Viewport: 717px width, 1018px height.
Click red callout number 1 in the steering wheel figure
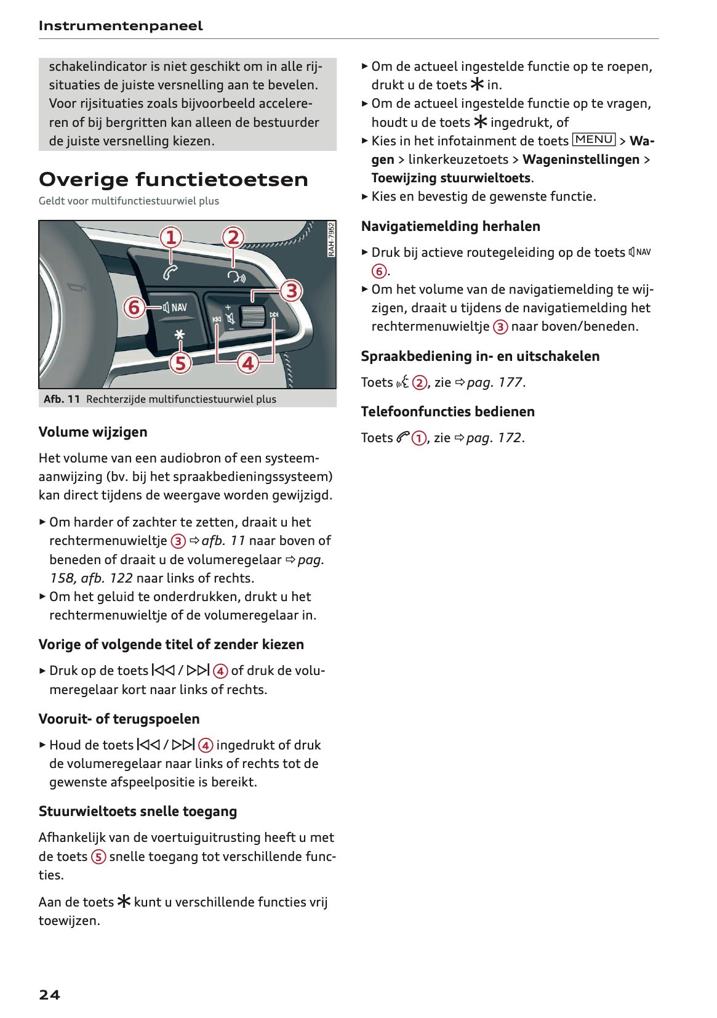coord(171,238)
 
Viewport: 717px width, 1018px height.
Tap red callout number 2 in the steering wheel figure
coord(233,238)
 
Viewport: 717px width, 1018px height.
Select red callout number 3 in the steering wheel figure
coord(292,290)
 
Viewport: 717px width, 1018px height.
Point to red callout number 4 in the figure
coord(247,363)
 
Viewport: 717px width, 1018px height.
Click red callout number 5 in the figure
coord(180,363)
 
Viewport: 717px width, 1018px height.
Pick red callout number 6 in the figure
coord(134,307)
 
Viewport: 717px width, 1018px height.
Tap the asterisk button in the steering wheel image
coord(179,334)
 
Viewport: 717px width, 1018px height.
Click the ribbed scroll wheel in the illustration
coord(251,316)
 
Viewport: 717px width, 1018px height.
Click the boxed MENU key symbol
coord(593,140)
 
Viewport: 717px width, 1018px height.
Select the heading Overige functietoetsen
coord(173,179)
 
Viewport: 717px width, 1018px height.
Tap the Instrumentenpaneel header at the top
coord(120,26)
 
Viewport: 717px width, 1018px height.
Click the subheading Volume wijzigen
coord(93,432)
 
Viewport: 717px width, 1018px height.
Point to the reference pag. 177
coord(494,382)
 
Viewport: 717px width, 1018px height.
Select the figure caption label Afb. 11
coord(62,399)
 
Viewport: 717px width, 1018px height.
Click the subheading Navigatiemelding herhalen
coord(451,226)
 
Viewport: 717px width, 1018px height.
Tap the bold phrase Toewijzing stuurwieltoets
coord(451,178)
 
